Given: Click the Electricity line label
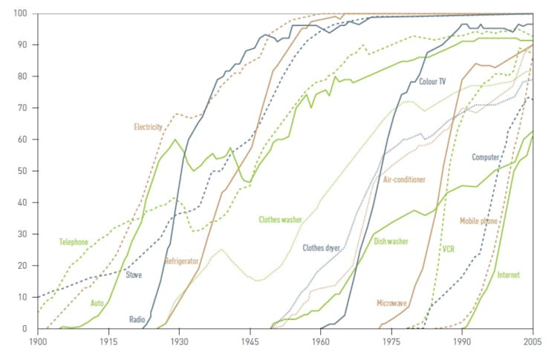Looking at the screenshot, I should pos(148,127).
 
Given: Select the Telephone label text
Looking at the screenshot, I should pos(74,242).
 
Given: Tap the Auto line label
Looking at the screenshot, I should pos(97,303).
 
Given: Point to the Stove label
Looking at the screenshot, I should pos(134,275).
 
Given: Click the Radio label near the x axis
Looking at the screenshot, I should pos(137,319).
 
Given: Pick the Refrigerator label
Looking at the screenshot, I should pos(182,261).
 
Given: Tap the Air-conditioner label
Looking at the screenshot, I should pos(404,180).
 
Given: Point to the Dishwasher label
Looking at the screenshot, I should pos(391,240).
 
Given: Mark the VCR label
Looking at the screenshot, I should pos(449,249).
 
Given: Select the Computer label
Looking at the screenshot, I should pos(486,157).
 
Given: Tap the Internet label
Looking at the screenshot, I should pos(508,275).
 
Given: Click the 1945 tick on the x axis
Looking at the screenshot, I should pos(250,342).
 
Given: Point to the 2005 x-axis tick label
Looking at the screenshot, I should pos(532,342).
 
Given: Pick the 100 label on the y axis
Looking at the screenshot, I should pos(22,13).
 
